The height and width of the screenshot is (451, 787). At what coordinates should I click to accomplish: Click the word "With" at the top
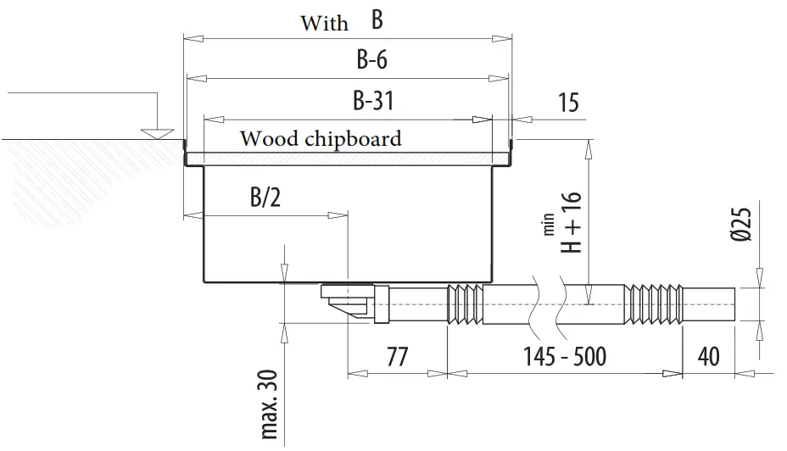click(x=324, y=23)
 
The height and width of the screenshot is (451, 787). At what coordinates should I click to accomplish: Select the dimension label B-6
click(x=372, y=60)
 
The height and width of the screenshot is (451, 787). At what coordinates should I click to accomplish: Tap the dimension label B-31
click(x=373, y=101)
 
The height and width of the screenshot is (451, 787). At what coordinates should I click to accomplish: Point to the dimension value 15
click(x=568, y=103)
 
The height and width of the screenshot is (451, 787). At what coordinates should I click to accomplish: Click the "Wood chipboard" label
click(x=321, y=138)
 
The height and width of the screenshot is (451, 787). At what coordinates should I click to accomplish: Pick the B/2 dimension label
click(x=265, y=198)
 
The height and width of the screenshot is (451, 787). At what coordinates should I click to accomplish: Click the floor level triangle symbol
click(x=155, y=132)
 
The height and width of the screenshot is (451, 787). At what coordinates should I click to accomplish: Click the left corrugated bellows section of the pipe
click(x=465, y=303)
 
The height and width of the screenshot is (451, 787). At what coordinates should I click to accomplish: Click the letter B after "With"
click(x=377, y=19)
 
